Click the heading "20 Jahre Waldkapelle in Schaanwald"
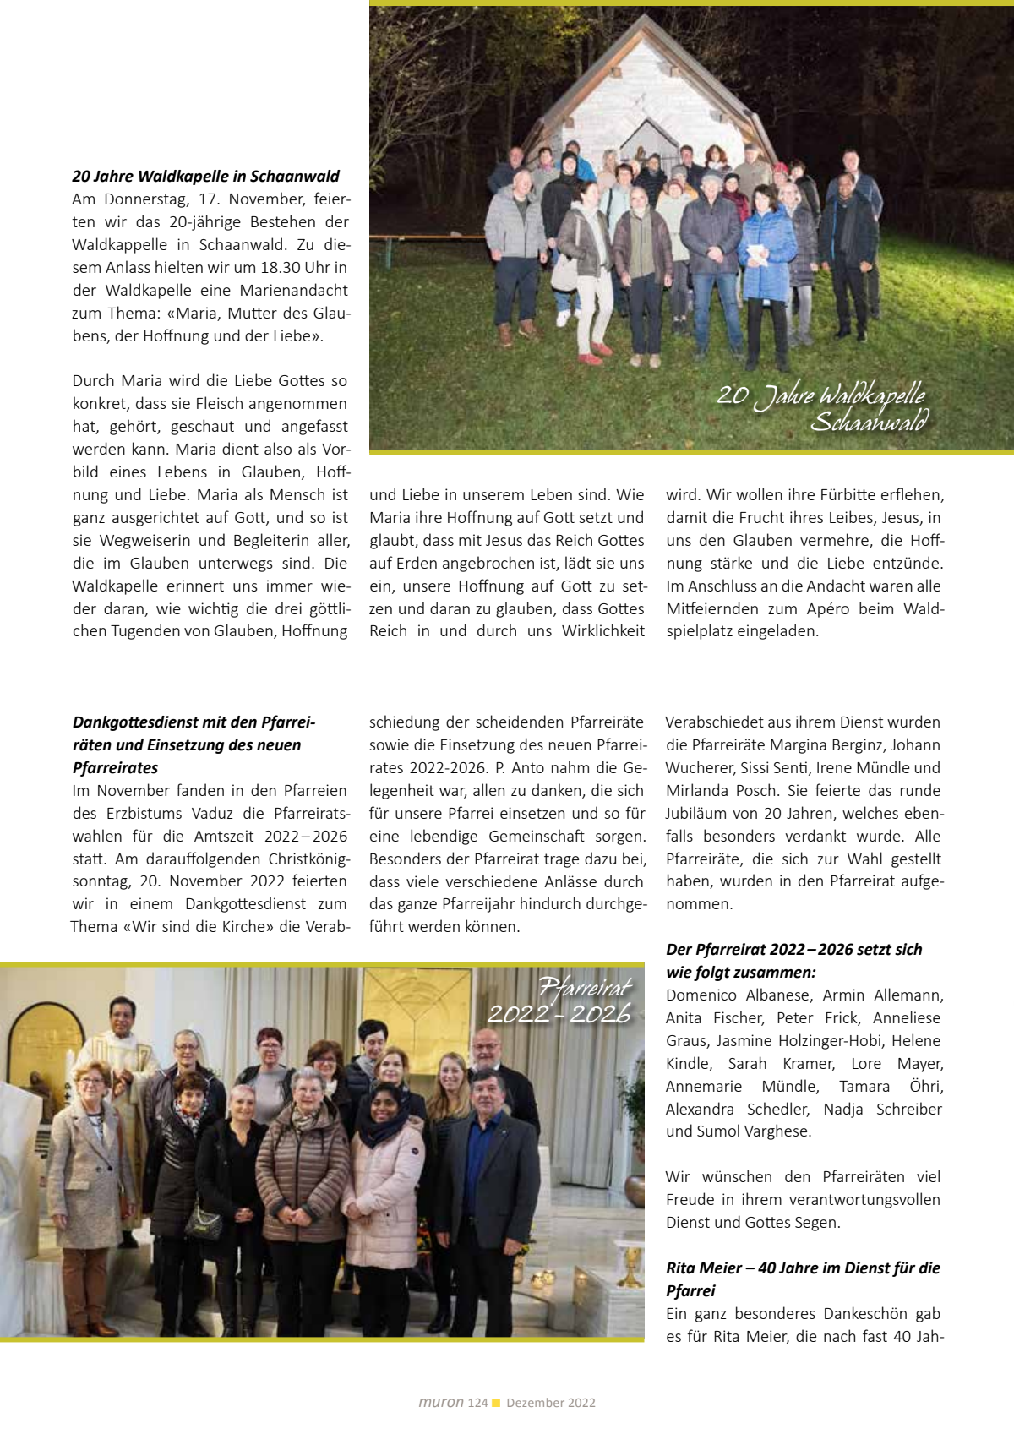[205, 177]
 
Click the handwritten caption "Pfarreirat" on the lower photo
[585, 987]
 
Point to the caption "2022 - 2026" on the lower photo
[559, 1013]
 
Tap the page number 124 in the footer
[477, 1403]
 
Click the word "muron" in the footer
[441, 1403]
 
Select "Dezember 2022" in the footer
[551, 1403]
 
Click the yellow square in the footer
[496, 1403]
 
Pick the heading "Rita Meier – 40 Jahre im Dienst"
[803, 1268]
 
